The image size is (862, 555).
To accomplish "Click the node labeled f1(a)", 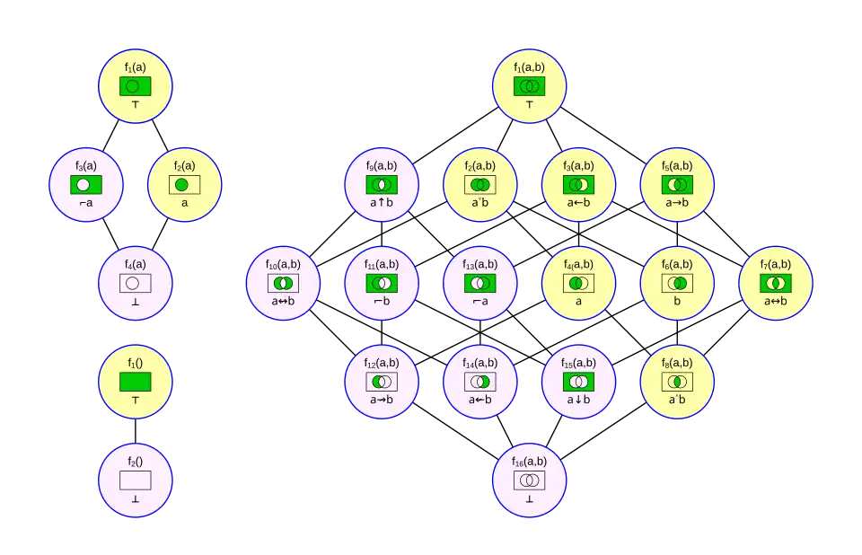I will (135, 85).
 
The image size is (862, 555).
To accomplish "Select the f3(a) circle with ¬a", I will (86, 184).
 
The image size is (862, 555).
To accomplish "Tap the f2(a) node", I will (184, 184).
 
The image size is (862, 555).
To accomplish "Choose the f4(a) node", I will (135, 283).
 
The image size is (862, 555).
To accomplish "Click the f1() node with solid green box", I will (135, 382).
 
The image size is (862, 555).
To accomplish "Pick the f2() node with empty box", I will (135, 480).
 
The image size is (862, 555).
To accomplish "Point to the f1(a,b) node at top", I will (529, 85).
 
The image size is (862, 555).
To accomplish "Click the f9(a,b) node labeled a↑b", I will (381, 184).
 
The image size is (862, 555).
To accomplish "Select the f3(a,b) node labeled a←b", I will (578, 184).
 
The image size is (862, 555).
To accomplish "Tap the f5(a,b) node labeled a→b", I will (677, 184).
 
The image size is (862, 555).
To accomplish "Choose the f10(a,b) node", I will (283, 283).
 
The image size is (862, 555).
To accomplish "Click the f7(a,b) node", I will (776, 283).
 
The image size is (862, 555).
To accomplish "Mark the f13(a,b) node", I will (479, 283).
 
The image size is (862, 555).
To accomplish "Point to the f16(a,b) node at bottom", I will (529, 480).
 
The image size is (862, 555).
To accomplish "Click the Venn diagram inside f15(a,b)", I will (578, 382).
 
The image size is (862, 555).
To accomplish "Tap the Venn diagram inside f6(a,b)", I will (677, 283).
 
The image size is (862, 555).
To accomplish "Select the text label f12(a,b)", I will (381, 362).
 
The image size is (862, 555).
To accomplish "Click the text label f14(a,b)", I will (479, 362).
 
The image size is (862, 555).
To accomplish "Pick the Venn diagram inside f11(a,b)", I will (381, 283).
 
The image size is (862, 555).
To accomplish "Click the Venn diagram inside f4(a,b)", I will (578, 283).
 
